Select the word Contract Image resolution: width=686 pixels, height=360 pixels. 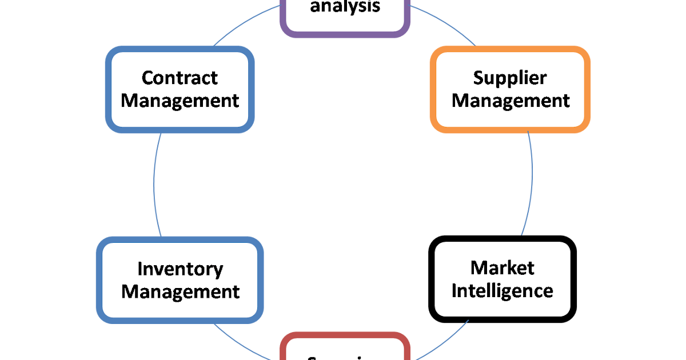coord(180,78)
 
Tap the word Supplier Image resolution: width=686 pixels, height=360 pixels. coord(510,78)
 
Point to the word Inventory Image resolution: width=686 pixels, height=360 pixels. coord(180,269)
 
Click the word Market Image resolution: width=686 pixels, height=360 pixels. coord(502,267)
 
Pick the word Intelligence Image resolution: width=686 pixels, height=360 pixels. coord(502,290)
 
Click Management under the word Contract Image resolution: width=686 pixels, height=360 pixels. coord(180,101)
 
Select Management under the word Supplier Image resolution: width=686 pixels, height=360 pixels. coord(510,101)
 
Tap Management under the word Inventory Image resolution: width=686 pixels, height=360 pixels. coord(180,291)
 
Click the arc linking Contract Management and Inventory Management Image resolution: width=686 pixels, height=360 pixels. coord(154,183)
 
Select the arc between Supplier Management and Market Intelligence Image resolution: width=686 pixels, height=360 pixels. coord(532,183)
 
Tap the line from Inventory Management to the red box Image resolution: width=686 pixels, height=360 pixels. coord(246,343)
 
